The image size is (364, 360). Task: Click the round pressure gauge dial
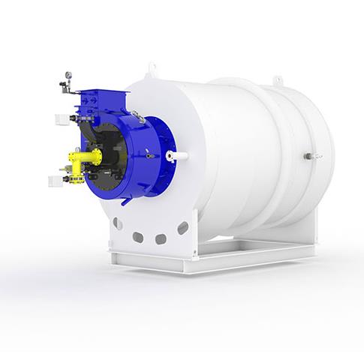coord(69,75)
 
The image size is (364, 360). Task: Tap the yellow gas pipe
coord(86,156)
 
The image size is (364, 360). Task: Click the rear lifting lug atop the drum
coord(278,78)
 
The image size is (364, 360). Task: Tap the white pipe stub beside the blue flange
coord(179,156)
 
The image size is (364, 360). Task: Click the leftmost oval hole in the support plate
coord(118,223)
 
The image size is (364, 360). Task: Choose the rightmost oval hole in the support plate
coord(182,226)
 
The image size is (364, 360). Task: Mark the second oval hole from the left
coord(138,237)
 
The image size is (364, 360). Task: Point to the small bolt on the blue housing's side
coord(149,155)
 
